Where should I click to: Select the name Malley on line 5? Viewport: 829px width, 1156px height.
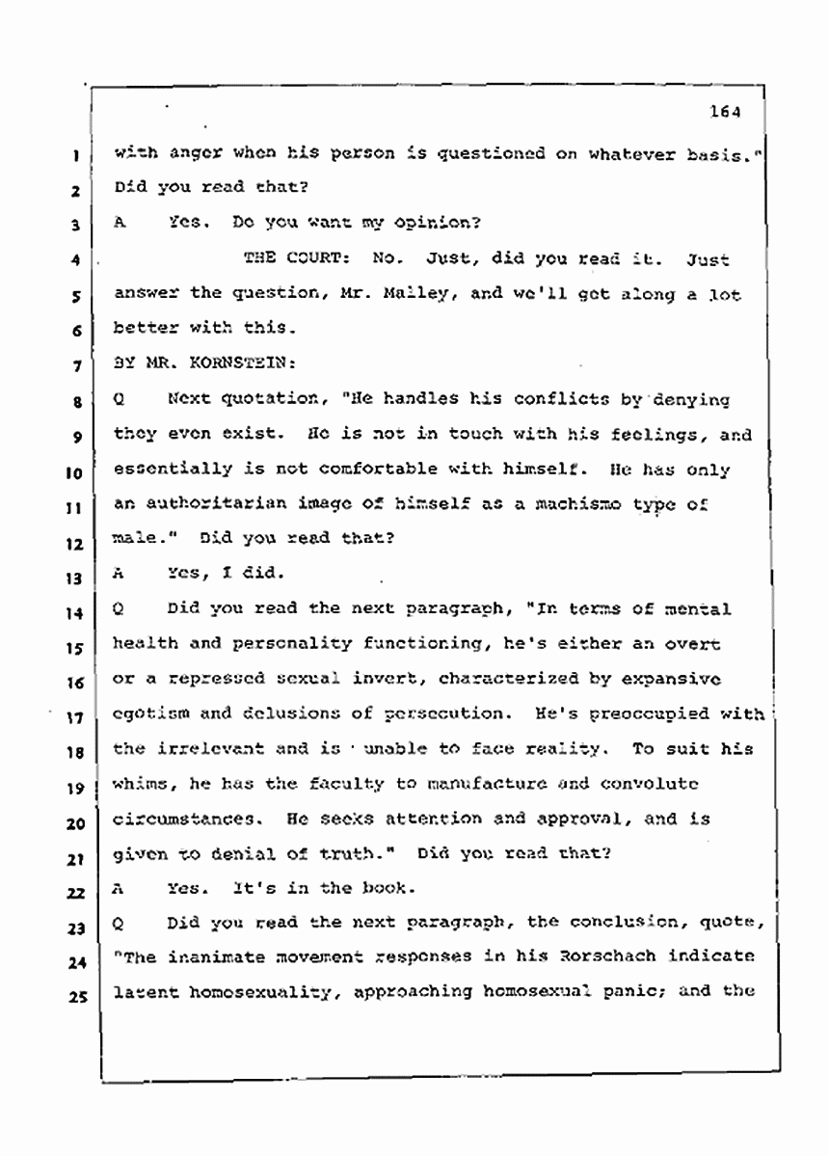[x=392, y=295]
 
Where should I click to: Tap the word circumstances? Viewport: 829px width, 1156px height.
[x=182, y=819]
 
